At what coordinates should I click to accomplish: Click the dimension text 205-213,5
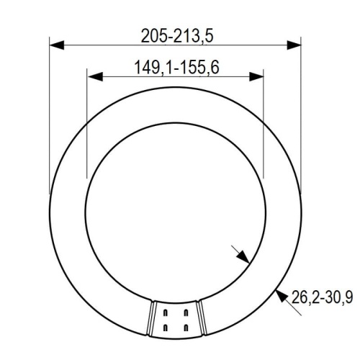pyautogui.click(x=176, y=34)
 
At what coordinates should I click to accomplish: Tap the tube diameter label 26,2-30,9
pyautogui.click(x=323, y=295)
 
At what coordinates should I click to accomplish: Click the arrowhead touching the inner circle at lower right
pyautogui.click(x=244, y=257)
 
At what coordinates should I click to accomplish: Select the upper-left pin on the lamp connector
pyautogui.click(x=167, y=312)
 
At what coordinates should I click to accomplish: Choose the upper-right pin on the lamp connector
pyautogui.click(x=184, y=312)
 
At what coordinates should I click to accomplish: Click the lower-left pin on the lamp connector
pyautogui.click(x=167, y=327)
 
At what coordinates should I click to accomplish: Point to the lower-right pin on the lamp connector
pyautogui.click(x=184, y=327)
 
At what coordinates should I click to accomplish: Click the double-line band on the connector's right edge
pyautogui.click(x=198, y=317)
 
